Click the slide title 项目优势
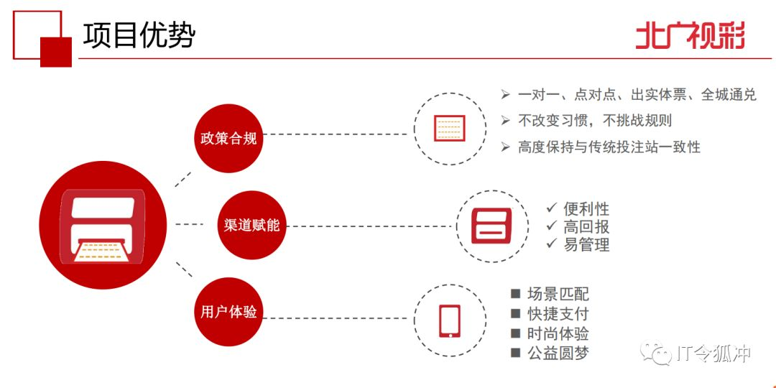tap(139, 34)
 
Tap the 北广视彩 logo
tap(689, 35)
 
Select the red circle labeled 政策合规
tap(228, 139)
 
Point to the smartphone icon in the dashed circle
tap(450, 321)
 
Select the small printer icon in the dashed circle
tap(492, 226)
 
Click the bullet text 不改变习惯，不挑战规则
tap(595, 121)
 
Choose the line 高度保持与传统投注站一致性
tap(609, 147)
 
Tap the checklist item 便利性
tap(586, 208)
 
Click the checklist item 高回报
tap(586, 226)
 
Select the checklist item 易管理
tap(586, 244)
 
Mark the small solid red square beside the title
tap(56, 52)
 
